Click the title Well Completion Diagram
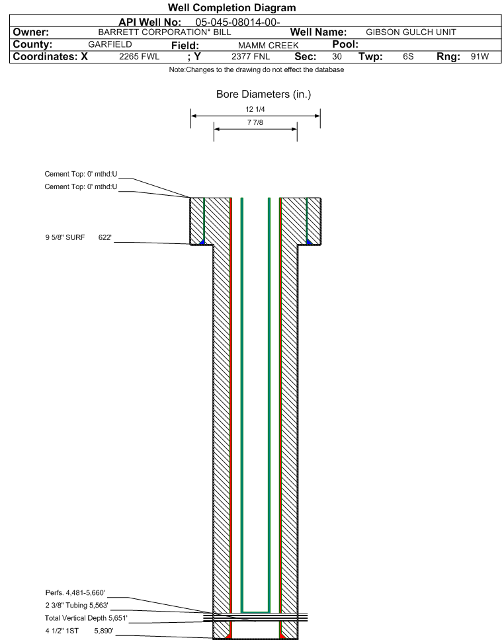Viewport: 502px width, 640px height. coord(231,8)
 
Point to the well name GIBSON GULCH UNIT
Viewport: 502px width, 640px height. coord(411,32)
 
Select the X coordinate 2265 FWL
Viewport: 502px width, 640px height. coord(139,57)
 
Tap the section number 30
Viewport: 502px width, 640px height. coord(337,57)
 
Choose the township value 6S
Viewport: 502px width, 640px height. coord(408,57)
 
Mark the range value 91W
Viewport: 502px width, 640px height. coord(480,57)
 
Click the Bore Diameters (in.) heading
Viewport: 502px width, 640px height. coord(263,95)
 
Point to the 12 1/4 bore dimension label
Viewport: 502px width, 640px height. coord(255,110)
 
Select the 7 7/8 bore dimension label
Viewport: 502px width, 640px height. coord(255,122)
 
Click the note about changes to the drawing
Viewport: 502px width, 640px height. coord(257,70)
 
